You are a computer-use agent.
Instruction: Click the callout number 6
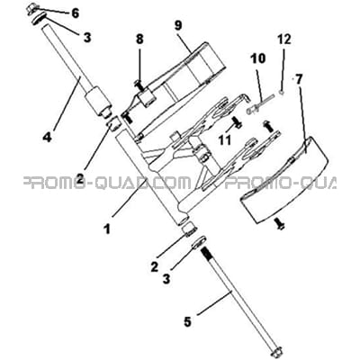pos(75,13)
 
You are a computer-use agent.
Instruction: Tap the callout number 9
pos(178,25)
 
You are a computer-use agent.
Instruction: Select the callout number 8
pos(139,39)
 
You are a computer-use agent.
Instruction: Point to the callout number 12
pos(283,39)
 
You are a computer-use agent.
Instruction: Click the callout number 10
pos(258,58)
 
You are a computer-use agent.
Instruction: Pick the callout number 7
pos(299,79)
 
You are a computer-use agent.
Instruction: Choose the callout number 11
pos(225,139)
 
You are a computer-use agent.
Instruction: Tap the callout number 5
pos(187,322)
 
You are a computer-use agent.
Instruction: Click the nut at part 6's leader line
pos(32,6)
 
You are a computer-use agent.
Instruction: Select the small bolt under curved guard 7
pos(279,224)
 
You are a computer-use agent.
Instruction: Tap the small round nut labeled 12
pos(282,93)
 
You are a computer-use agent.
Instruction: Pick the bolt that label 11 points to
pos(238,122)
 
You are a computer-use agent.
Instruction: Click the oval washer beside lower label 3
pos(199,241)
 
